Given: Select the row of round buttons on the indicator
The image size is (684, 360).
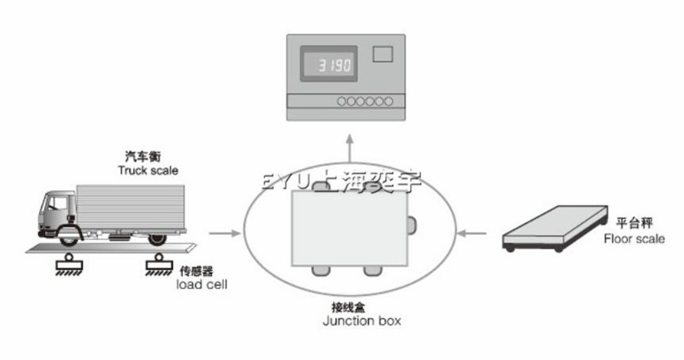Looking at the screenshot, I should click(x=365, y=101).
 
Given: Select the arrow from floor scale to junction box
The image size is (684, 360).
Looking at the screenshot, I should click(x=471, y=232).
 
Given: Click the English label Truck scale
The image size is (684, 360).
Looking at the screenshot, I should click(x=148, y=170).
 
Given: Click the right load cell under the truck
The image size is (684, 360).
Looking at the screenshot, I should click(x=158, y=263).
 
